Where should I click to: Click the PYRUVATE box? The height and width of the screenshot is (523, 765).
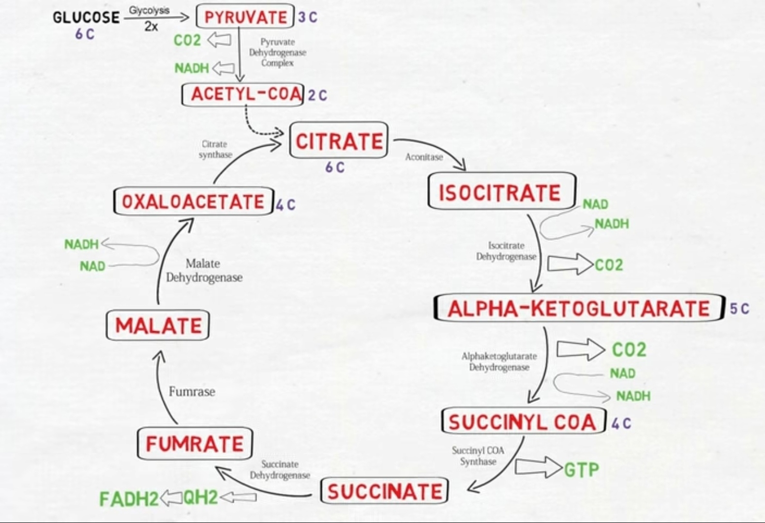[245, 17]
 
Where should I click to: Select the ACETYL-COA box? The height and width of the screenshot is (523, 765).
[243, 94]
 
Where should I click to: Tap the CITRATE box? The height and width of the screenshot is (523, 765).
[339, 140]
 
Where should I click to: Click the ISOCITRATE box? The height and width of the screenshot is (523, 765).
[502, 192]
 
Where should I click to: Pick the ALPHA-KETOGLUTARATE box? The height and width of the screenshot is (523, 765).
[579, 308]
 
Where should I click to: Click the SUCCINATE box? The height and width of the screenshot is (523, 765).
[385, 491]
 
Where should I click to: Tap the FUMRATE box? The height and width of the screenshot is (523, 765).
[195, 444]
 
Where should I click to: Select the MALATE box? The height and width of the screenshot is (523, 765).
[158, 325]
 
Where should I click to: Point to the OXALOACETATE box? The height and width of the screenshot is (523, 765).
[193, 201]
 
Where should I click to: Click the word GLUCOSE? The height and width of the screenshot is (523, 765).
[86, 17]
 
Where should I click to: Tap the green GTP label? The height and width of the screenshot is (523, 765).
[582, 469]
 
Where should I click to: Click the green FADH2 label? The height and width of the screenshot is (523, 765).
[129, 499]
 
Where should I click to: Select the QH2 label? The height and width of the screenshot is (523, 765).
[200, 497]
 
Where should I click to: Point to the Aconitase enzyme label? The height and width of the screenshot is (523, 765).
[424, 157]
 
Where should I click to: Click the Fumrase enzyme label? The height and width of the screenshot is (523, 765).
[192, 391]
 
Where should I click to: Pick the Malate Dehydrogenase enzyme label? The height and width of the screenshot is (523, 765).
[204, 270]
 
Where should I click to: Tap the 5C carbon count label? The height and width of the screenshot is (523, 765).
[739, 308]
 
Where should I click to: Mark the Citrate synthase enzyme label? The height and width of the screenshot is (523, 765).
[215, 149]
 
